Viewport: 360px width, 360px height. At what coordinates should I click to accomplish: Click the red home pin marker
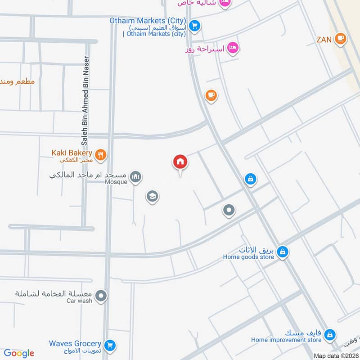[180, 162]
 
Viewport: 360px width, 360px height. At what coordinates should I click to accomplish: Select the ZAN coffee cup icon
[341, 39]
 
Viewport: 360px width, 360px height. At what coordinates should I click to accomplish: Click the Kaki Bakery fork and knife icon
[101, 155]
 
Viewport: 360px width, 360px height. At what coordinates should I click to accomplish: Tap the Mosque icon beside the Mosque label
[135, 177]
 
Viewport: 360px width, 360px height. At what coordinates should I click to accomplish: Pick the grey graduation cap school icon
[152, 196]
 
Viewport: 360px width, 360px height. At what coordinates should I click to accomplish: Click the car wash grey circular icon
[101, 296]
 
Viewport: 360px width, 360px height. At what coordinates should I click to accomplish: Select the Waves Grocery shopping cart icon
[109, 346]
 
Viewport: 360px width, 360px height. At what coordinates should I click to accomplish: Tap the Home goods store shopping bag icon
[282, 252]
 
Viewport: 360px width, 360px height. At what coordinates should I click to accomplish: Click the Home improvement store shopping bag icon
[330, 334]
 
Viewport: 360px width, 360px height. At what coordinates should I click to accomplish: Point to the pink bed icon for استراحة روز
[232, 48]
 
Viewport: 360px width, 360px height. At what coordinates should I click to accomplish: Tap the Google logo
[19, 353]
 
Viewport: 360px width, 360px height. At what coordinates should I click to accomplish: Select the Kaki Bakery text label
[72, 153]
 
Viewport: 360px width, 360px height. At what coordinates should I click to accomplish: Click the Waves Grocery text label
[75, 343]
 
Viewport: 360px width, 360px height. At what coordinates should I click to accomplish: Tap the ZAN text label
[324, 40]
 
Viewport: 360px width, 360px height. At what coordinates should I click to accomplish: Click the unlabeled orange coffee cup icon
[211, 95]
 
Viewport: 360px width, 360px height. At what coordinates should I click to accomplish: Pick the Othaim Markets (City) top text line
[148, 21]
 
